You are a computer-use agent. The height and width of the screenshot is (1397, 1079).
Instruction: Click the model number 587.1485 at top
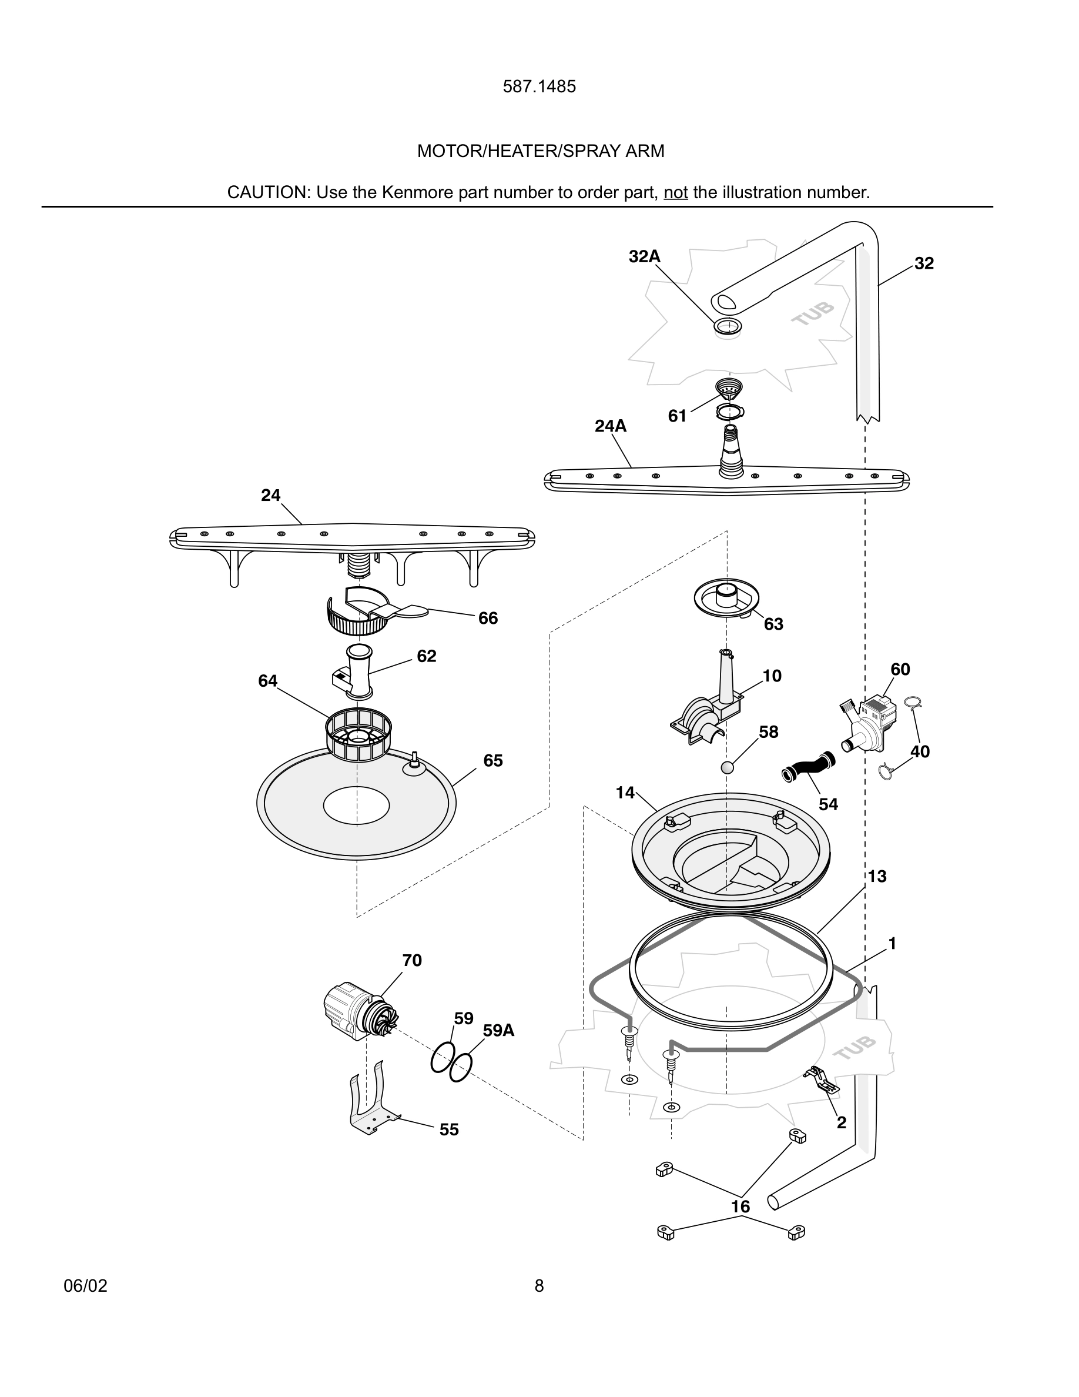539,87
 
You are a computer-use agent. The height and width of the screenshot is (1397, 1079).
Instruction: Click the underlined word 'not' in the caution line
675,192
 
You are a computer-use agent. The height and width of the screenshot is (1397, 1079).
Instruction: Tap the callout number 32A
644,256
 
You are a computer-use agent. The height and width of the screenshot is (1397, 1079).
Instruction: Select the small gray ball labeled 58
728,767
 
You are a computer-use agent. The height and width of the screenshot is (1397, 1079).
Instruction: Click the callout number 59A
498,1031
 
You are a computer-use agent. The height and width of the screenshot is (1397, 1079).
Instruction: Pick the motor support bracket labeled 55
371,1101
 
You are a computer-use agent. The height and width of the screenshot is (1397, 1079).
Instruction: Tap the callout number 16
740,1206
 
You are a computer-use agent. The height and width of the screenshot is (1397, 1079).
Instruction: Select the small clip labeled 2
822,1079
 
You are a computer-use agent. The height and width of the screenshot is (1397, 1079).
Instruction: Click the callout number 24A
611,426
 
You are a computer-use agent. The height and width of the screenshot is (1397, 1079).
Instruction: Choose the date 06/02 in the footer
86,1286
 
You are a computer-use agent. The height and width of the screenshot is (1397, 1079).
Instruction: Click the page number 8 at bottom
539,1286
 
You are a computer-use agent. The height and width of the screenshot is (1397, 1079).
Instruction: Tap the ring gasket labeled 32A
728,326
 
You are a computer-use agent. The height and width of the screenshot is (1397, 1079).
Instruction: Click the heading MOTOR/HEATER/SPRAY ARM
540,151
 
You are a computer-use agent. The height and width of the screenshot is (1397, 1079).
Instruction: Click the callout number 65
493,761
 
